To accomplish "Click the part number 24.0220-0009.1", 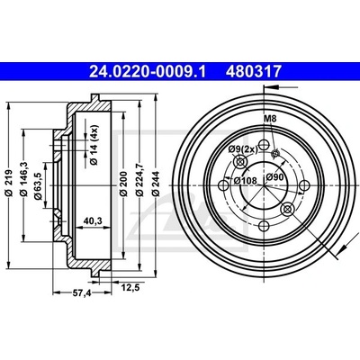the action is click(x=148, y=72).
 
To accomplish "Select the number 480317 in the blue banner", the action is click(x=254, y=72).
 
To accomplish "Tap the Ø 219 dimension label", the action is click(x=9, y=183).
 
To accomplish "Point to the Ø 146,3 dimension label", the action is click(x=24, y=179).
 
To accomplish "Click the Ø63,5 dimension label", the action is click(x=38, y=186).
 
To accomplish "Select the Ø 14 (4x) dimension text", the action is click(x=94, y=145).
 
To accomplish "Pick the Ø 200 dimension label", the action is click(x=123, y=184).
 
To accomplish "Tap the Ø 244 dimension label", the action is click(x=156, y=184).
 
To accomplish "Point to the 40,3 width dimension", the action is click(x=93, y=221).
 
